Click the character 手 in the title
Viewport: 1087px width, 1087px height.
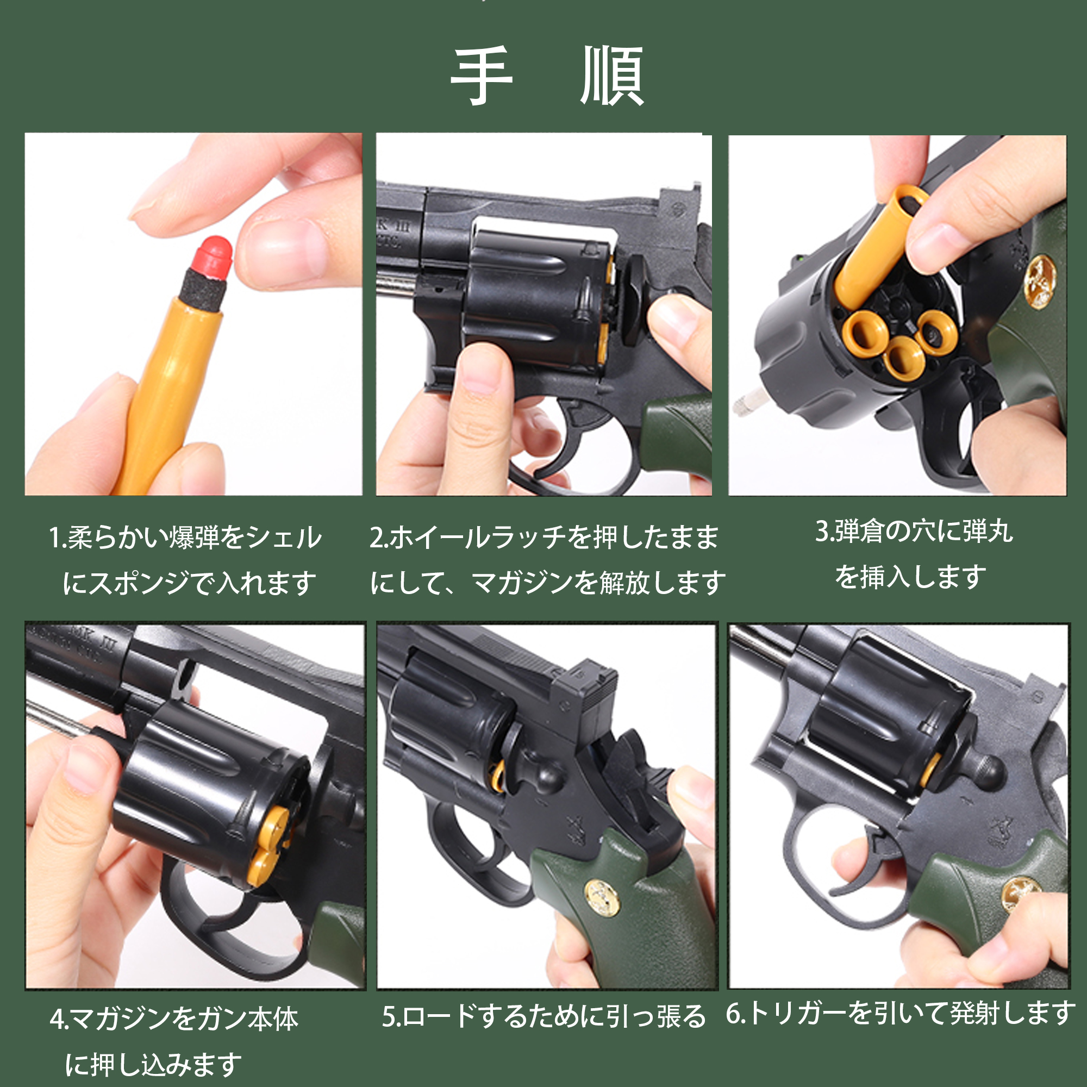pyautogui.click(x=482, y=76)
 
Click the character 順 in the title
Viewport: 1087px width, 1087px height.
pyautogui.click(x=611, y=76)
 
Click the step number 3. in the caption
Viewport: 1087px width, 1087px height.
pyautogui.click(x=824, y=530)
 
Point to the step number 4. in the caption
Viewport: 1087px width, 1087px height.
pyautogui.click(x=59, y=1019)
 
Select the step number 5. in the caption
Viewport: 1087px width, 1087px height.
pyautogui.click(x=391, y=1016)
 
